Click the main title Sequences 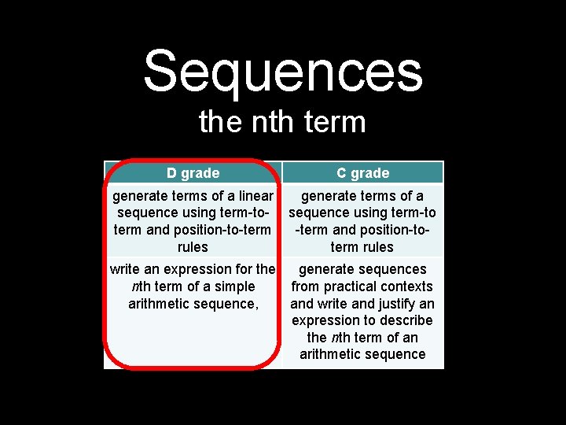pyautogui.click(x=283, y=71)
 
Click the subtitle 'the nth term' pyautogui.click(x=283, y=122)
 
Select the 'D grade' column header pyautogui.click(x=193, y=173)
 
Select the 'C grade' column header pyautogui.click(x=362, y=173)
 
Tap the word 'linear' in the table pyautogui.click(x=254, y=195)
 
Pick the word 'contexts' pyautogui.click(x=409, y=286)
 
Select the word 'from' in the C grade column pyautogui.click(x=306, y=286)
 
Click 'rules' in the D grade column pyautogui.click(x=193, y=247)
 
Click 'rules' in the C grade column pyautogui.click(x=377, y=247)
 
